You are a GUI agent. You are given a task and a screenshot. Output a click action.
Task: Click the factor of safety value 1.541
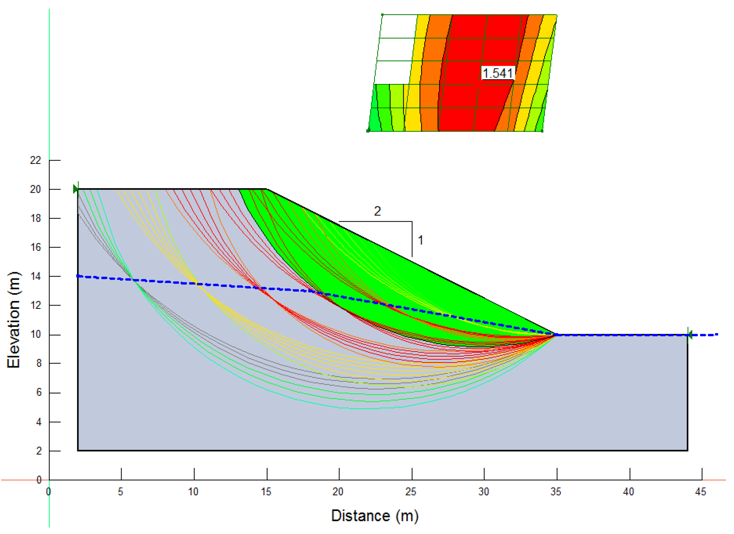(x=497, y=73)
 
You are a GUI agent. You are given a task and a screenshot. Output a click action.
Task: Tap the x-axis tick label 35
(x=556, y=492)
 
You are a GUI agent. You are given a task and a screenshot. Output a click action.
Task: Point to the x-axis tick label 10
(x=193, y=492)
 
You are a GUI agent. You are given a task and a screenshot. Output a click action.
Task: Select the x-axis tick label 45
(x=700, y=492)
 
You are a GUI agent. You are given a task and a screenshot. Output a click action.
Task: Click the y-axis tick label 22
(x=35, y=160)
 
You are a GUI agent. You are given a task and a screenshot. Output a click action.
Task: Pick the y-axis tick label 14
(x=35, y=276)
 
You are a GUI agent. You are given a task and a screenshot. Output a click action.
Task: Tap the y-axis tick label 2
(x=39, y=451)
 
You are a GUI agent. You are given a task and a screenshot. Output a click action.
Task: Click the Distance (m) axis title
(x=374, y=516)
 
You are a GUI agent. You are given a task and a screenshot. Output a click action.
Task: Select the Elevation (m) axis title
(x=14, y=320)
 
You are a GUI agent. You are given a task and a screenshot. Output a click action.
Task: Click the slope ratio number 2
(x=377, y=211)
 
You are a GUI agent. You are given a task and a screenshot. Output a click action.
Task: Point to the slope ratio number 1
(x=420, y=240)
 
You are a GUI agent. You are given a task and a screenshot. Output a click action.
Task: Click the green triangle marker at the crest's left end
(x=76, y=189)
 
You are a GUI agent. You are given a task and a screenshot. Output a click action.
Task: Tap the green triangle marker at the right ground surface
(x=689, y=334)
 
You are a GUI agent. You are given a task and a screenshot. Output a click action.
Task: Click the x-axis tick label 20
(x=338, y=492)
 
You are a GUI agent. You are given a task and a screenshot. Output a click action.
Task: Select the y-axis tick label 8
(x=39, y=364)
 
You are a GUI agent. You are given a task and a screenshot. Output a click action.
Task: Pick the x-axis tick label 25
(x=411, y=492)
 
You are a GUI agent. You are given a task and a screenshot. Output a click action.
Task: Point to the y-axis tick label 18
(x=35, y=218)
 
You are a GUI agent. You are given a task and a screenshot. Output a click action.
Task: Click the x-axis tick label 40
(x=628, y=492)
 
